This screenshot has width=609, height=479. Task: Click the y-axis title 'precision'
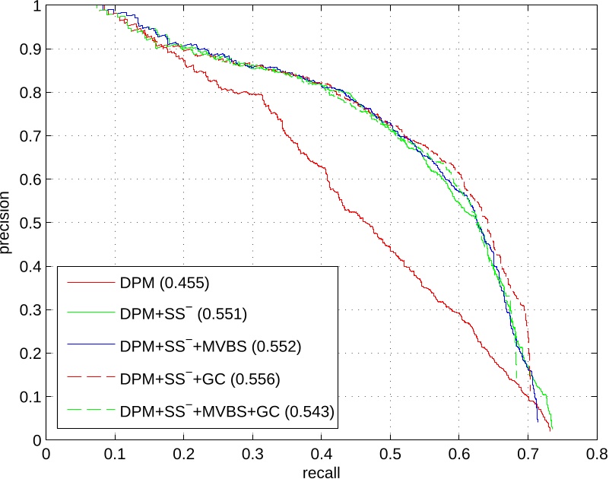pyautogui.click(x=7, y=222)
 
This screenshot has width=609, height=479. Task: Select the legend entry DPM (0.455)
pyautogui.click(x=164, y=284)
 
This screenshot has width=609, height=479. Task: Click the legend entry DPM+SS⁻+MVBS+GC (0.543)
pyautogui.click(x=228, y=411)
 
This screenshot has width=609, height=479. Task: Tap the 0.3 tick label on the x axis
pyautogui.click(x=252, y=455)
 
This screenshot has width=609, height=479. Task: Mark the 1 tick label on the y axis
pyautogui.click(x=36, y=6)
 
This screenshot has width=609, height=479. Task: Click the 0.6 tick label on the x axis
pyautogui.click(x=459, y=455)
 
